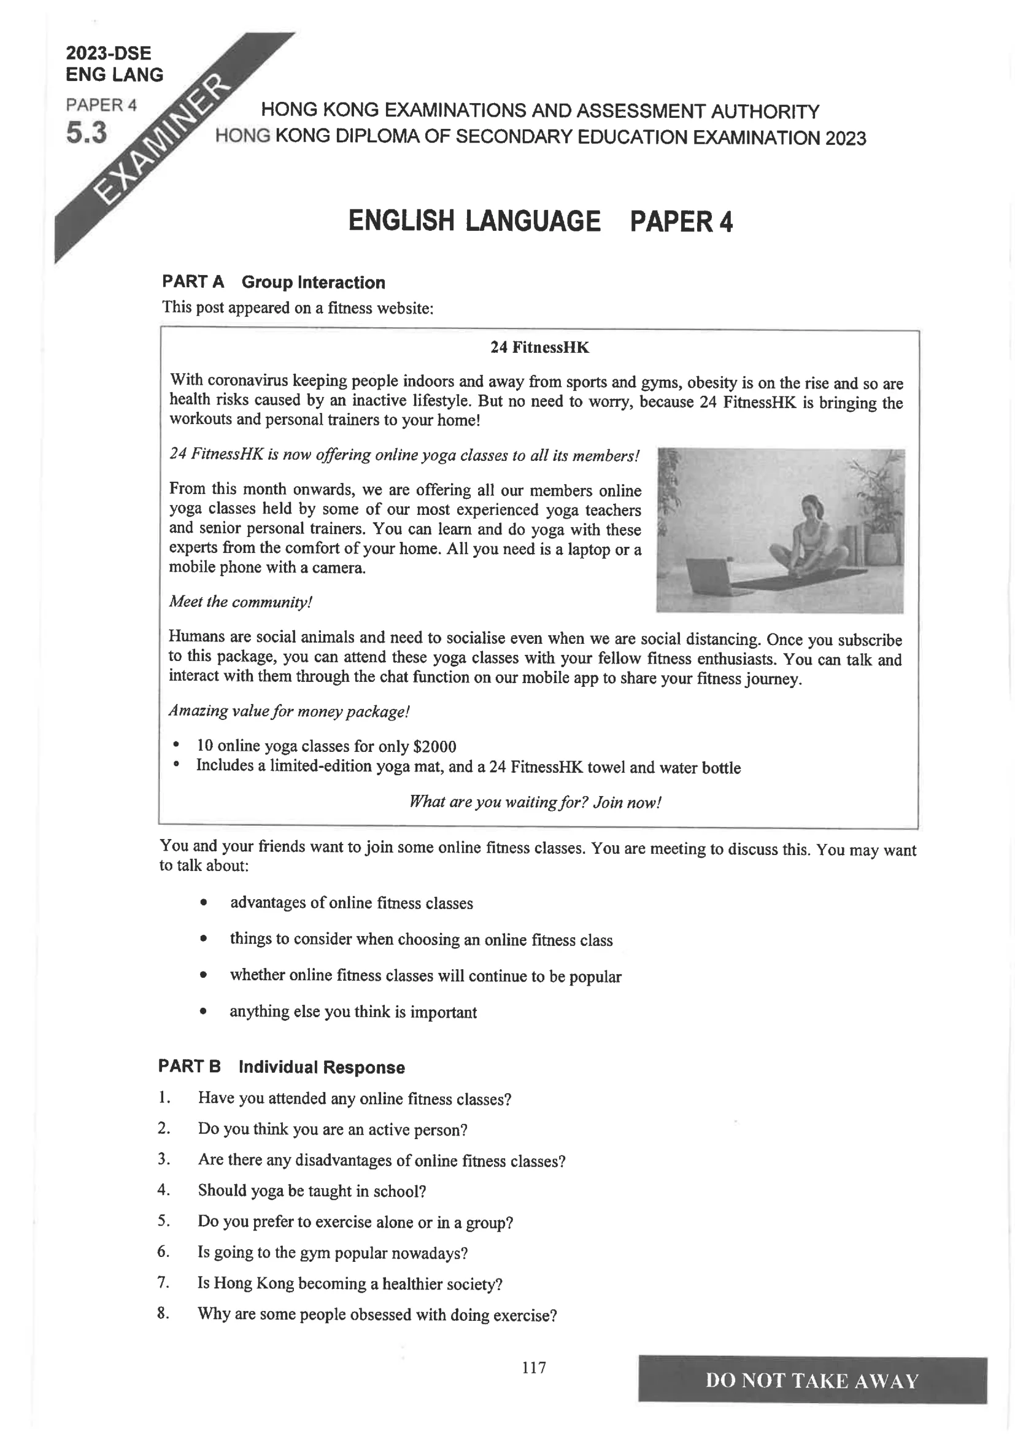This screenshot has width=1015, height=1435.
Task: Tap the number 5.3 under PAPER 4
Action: click(x=87, y=133)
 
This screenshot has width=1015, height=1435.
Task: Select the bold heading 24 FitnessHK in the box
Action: click(x=539, y=347)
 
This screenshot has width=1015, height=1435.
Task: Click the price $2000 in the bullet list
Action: click(x=434, y=746)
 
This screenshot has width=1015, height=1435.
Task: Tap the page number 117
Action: click(x=534, y=1367)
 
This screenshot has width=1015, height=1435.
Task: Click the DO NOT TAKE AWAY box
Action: click(x=812, y=1380)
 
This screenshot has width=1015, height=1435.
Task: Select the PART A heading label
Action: click(x=193, y=282)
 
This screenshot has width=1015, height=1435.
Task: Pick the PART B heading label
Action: click(x=190, y=1066)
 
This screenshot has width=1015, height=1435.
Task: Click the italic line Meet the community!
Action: click(x=241, y=602)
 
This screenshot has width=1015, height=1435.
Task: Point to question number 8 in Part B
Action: click(x=163, y=1313)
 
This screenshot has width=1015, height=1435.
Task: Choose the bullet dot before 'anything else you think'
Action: click(x=203, y=1011)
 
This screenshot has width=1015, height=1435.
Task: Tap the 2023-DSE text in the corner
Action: click(x=108, y=53)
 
